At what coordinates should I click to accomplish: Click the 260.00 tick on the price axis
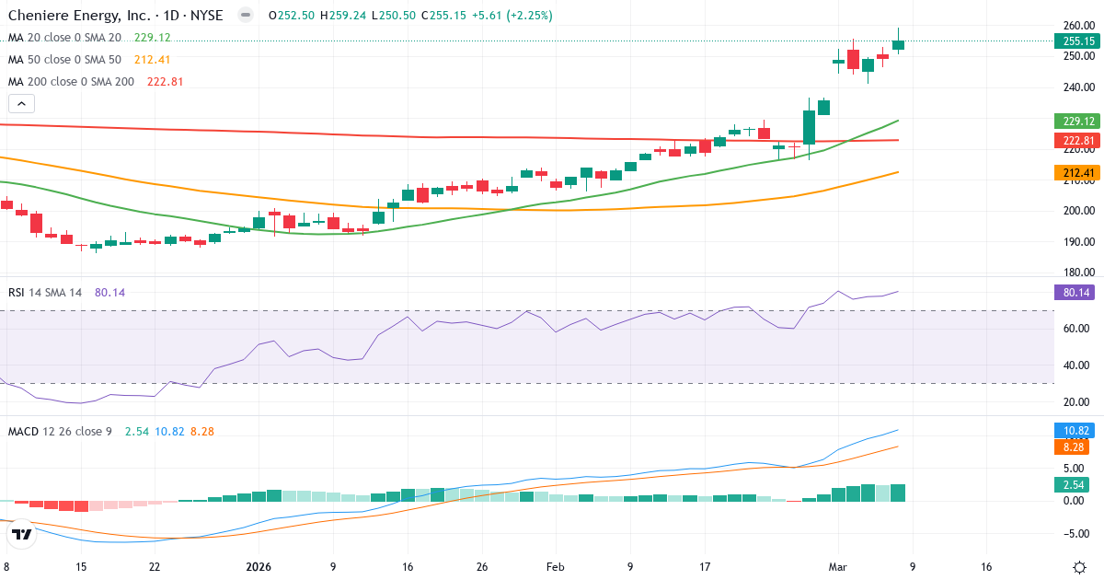tap(1077, 25)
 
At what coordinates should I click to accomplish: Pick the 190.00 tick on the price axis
tap(1077, 242)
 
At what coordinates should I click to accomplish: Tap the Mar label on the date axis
tap(837, 567)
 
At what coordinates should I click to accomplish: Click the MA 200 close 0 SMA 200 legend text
tap(72, 81)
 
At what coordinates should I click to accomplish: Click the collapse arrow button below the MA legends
tap(21, 104)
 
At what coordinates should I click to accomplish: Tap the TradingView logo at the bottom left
tap(22, 533)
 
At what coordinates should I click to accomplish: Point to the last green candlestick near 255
tap(898, 44)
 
